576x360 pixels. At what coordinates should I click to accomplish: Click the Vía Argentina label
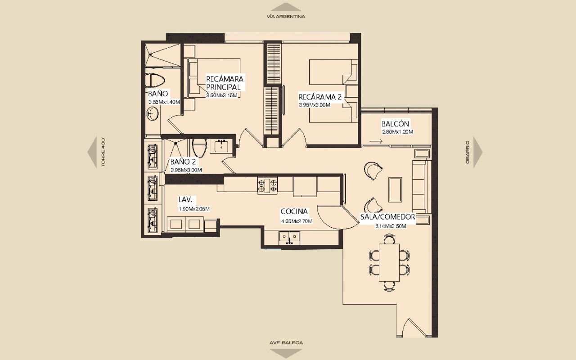pos(286,17)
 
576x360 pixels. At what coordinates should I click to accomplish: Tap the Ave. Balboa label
pos(286,343)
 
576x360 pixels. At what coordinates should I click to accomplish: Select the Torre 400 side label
pos(103,153)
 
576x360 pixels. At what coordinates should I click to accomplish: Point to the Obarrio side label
pos(468,152)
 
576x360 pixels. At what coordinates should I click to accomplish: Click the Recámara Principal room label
pos(225,82)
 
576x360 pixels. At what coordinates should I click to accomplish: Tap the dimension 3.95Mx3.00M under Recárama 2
pos(315,105)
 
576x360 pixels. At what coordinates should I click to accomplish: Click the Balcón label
pos(395,124)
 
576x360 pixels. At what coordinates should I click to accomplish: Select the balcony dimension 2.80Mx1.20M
pos(398,132)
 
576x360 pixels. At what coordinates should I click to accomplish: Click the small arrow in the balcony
pos(376,141)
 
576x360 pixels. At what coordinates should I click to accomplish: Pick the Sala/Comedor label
pos(387,217)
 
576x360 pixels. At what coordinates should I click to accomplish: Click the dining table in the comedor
pos(389,262)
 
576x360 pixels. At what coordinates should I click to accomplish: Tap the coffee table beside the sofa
pos(395,189)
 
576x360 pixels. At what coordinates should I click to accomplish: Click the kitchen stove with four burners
pos(267,185)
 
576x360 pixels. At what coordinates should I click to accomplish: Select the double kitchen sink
pos(289,238)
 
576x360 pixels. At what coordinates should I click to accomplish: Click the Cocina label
pos(294,211)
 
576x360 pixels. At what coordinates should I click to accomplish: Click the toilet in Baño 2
pos(199,148)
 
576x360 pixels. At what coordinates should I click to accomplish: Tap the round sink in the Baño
pos(153,113)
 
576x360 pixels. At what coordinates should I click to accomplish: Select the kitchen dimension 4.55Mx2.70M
pos(297,221)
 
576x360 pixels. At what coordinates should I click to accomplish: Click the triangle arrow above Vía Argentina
pos(286,7)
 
